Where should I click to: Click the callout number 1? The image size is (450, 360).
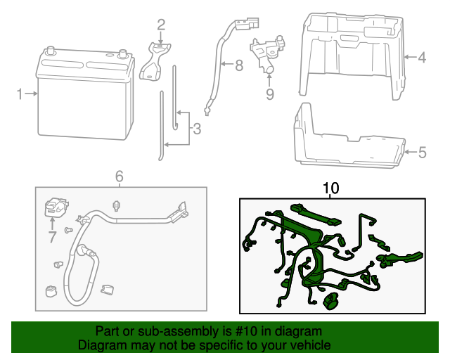click(x=20, y=93)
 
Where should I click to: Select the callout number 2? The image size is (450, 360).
click(x=161, y=26)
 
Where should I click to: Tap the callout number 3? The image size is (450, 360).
click(x=196, y=129)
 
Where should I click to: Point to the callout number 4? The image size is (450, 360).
click(x=421, y=58)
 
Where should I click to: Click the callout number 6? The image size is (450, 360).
click(x=119, y=176)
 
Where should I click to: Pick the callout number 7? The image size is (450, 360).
click(x=52, y=237)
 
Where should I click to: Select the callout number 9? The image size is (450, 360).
click(x=269, y=94)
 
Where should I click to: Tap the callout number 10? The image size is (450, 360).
click(x=330, y=188)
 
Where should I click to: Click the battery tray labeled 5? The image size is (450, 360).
click(x=348, y=141)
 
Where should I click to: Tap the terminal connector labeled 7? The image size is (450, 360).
click(x=55, y=208)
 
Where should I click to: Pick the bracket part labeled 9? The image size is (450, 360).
click(x=266, y=53)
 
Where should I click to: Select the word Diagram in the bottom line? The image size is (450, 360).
click(x=101, y=346)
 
